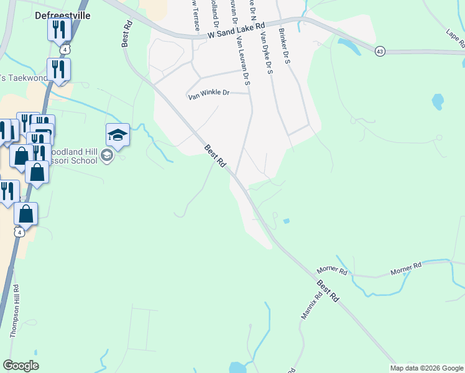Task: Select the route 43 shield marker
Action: point(379,51)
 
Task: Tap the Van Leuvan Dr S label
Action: point(242,60)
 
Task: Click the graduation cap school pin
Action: point(117,134)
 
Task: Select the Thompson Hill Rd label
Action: point(14,311)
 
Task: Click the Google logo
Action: point(21,366)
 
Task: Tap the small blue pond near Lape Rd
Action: point(438,101)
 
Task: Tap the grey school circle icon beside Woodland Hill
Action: point(107,155)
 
